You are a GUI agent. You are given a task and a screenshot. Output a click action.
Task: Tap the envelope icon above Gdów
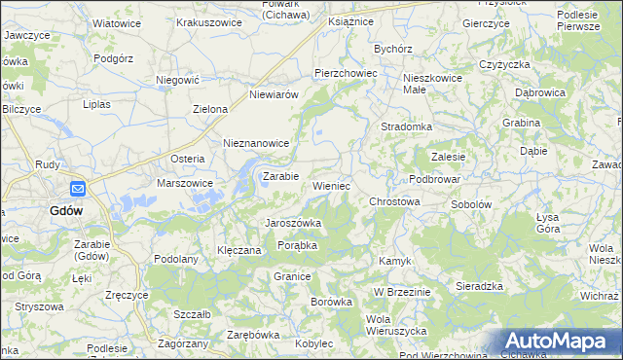78,190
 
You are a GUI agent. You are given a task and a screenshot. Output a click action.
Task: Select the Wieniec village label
331,185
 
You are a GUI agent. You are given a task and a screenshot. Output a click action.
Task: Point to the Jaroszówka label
294,223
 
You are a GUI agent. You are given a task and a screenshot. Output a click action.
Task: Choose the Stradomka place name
406,126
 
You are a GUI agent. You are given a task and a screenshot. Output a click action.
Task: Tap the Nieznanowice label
257,143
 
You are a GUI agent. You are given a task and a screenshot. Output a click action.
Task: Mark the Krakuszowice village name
208,21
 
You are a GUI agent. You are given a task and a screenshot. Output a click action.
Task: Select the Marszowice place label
185,182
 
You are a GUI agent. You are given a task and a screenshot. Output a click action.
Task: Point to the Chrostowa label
394,201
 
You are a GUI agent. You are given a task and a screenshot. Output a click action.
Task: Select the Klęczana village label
239,250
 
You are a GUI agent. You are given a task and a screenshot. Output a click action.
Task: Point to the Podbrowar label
434,179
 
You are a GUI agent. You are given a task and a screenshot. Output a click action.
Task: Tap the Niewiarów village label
273,94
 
